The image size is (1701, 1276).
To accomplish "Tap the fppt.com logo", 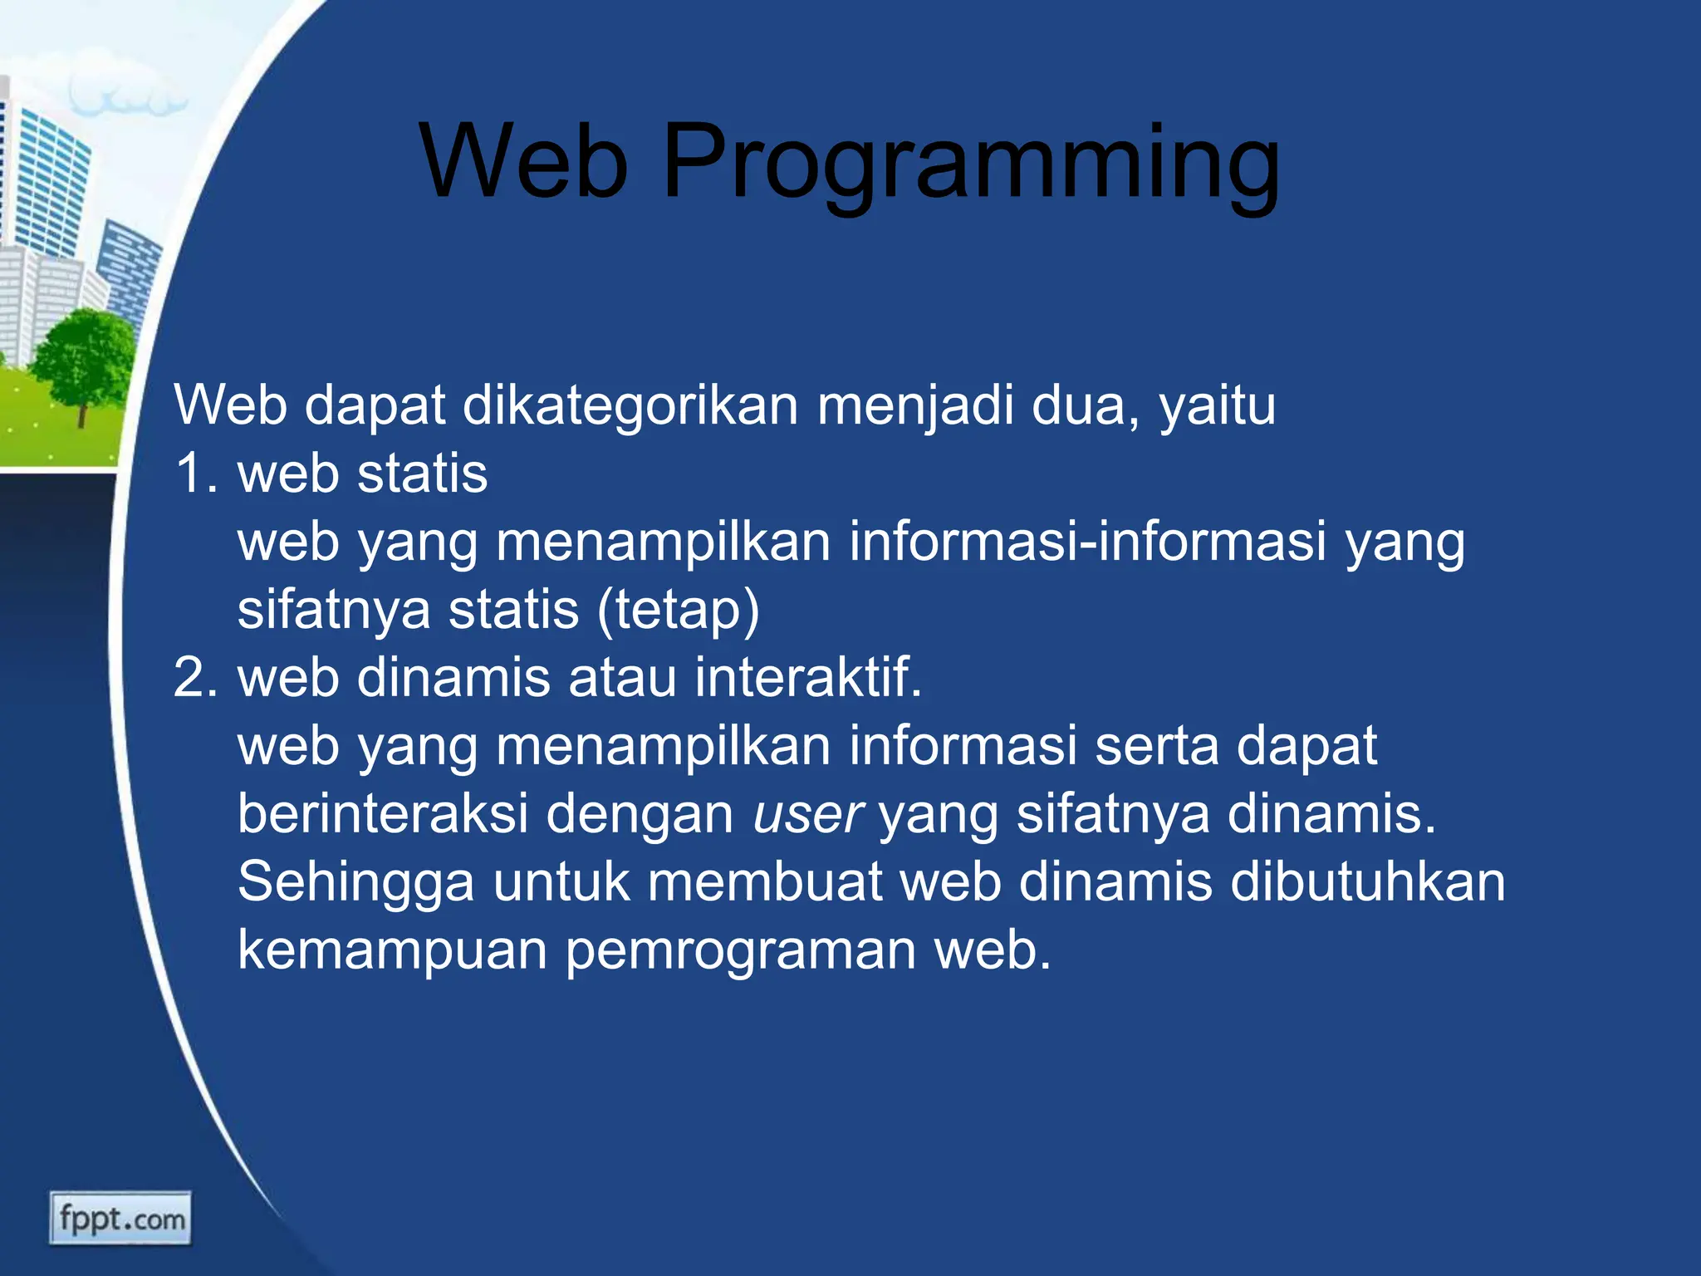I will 120,1219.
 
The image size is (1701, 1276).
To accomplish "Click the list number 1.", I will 194,474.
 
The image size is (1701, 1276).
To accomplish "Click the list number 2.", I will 196,678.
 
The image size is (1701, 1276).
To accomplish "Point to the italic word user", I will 807,814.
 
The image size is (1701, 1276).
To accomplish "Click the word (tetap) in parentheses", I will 678,611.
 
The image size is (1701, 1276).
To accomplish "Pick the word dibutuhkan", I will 1367,882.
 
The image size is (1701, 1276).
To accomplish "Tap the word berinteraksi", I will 383,814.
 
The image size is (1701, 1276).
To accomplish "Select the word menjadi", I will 914,407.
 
